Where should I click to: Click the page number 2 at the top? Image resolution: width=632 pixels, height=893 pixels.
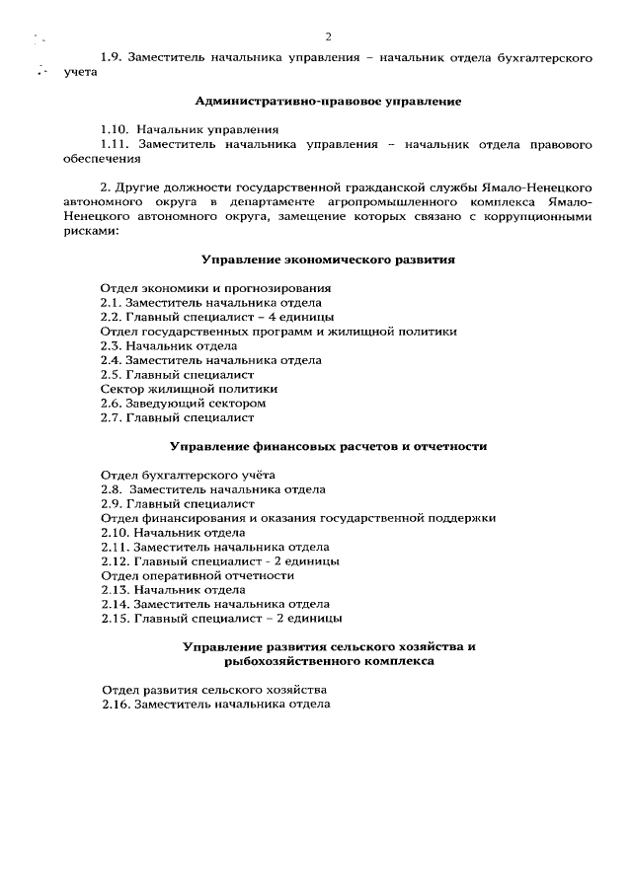pyautogui.click(x=328, y=37)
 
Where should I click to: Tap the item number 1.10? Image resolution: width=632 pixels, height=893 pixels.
pyautogui.click(x=115, y=129)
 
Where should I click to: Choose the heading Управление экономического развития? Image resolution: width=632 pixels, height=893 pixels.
pyautogui.click(x=328, y=260)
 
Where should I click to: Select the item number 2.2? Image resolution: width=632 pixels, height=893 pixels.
pyautogui.click(x=111, y=317)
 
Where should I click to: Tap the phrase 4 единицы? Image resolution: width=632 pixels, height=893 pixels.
pyautogui.click(x=298, y=317)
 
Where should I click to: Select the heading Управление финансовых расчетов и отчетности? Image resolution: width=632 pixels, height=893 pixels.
pyautogui.click(x=328, y=446)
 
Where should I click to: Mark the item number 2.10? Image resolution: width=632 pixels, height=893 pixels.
pyautogui.click(x=115, y=532)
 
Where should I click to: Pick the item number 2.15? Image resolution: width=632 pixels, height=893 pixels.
pyautogui.click(x=115, y=619)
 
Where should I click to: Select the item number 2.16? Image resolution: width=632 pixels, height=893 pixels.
pyautogui.click(x=116, y=706)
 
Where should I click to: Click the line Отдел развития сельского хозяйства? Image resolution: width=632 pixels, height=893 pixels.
pyautogui.click(x=214, y=690)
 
